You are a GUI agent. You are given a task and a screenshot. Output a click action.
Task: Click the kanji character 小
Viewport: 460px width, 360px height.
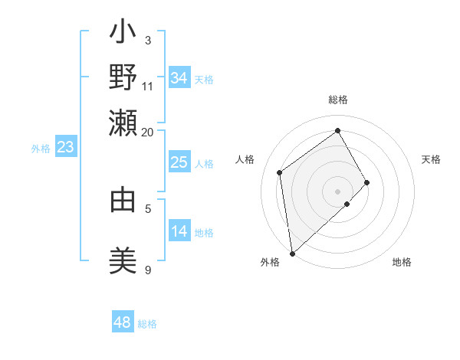123,34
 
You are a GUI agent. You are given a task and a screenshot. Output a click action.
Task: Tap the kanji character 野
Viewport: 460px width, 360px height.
123,77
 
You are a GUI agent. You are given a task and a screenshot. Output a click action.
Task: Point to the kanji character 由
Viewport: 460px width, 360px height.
123,200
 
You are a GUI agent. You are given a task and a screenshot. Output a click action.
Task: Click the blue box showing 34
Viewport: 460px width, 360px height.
179,78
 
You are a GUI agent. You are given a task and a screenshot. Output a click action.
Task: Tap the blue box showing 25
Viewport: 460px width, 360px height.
179,162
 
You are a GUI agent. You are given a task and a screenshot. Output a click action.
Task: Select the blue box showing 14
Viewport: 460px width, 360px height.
179,231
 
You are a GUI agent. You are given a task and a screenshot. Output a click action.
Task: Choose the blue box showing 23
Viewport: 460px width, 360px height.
65,148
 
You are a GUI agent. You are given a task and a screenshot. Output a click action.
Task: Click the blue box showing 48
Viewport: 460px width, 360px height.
123,322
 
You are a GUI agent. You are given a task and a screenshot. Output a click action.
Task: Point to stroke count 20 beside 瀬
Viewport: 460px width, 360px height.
148,131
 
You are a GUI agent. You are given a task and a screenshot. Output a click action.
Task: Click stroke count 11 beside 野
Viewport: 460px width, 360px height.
148,86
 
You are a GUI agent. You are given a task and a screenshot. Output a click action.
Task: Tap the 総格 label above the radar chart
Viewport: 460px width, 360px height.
338,100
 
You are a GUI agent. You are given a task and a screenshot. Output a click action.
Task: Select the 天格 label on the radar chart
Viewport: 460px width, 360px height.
431,159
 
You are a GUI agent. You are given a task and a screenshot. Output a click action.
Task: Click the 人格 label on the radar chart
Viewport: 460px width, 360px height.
245,159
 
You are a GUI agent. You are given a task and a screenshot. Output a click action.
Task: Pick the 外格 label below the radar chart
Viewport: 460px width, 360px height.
270,263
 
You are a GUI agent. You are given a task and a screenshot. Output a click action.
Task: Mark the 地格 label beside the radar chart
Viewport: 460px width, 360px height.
402,263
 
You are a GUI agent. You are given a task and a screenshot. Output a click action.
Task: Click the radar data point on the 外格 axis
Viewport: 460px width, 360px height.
292,254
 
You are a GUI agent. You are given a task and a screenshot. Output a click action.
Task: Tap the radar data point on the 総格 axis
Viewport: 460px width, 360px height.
338,130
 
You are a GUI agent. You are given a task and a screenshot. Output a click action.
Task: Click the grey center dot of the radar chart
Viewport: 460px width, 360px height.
338,191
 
